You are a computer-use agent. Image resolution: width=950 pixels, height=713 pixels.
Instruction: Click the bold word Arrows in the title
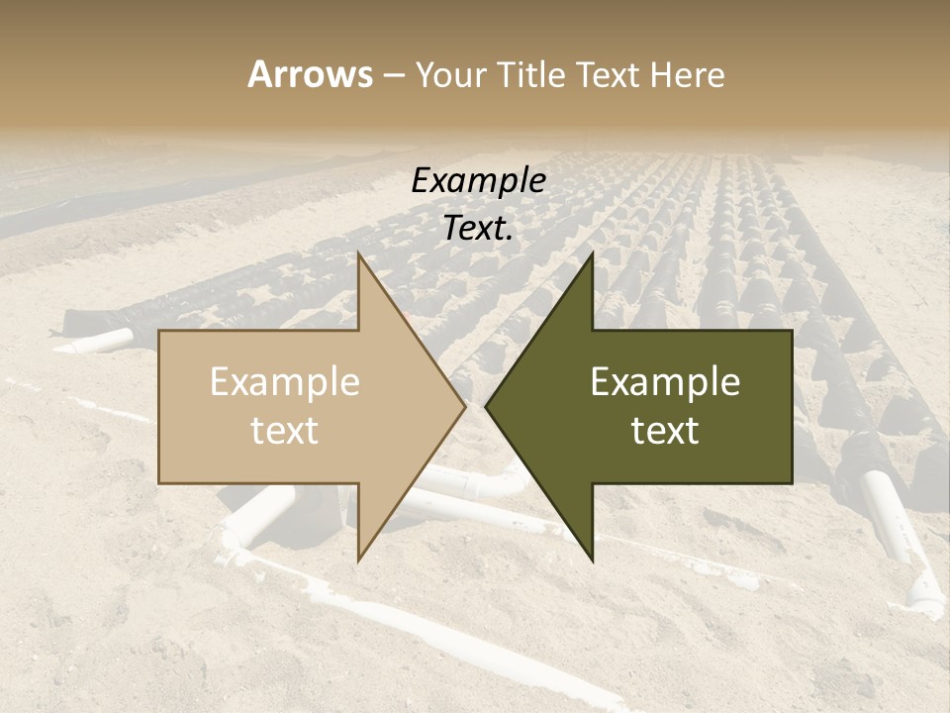pyautogui.click(x=310, y=74)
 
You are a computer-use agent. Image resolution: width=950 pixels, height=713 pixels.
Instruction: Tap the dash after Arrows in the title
pyautogui.click(x=394, y=75)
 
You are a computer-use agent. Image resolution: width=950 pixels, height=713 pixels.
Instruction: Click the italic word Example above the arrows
pyautogui.click(x=478, y=181)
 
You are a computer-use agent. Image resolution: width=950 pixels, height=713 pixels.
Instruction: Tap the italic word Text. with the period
pyautogui.click(x=478, y=229)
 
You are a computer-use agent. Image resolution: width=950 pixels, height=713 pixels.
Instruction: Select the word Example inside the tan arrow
pyautogui.click(x=285, y=382)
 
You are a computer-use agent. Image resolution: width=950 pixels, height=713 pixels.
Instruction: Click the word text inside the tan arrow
pyautogui.click(x=285, y=431)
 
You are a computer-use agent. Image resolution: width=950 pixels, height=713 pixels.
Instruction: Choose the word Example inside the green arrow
pyautogui.click(x=665, y=382)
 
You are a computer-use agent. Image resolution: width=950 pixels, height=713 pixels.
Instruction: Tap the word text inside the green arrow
pyautogui.click(x=665, y=431)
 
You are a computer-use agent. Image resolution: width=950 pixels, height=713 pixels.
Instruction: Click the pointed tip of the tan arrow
pyautogui.click(x=464, y=407)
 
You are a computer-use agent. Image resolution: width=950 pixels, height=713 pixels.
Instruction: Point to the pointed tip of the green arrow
pyautogui.click(x=487, y=407)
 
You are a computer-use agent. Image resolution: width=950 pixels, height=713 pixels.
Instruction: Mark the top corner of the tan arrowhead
pyautogui.click(x=358, y=255)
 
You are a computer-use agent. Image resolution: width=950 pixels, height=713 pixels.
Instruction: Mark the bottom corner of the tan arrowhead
pyautogui.click(x=358, y=560)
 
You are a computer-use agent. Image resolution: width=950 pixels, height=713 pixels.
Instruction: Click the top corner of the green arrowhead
pyautogui.click(x=592, y=255)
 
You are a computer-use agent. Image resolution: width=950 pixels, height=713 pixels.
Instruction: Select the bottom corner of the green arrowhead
pyautogui.click(x=592, y=560)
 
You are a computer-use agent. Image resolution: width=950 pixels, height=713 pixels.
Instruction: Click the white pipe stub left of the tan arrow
pyautogui.click(x=99, y=343)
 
